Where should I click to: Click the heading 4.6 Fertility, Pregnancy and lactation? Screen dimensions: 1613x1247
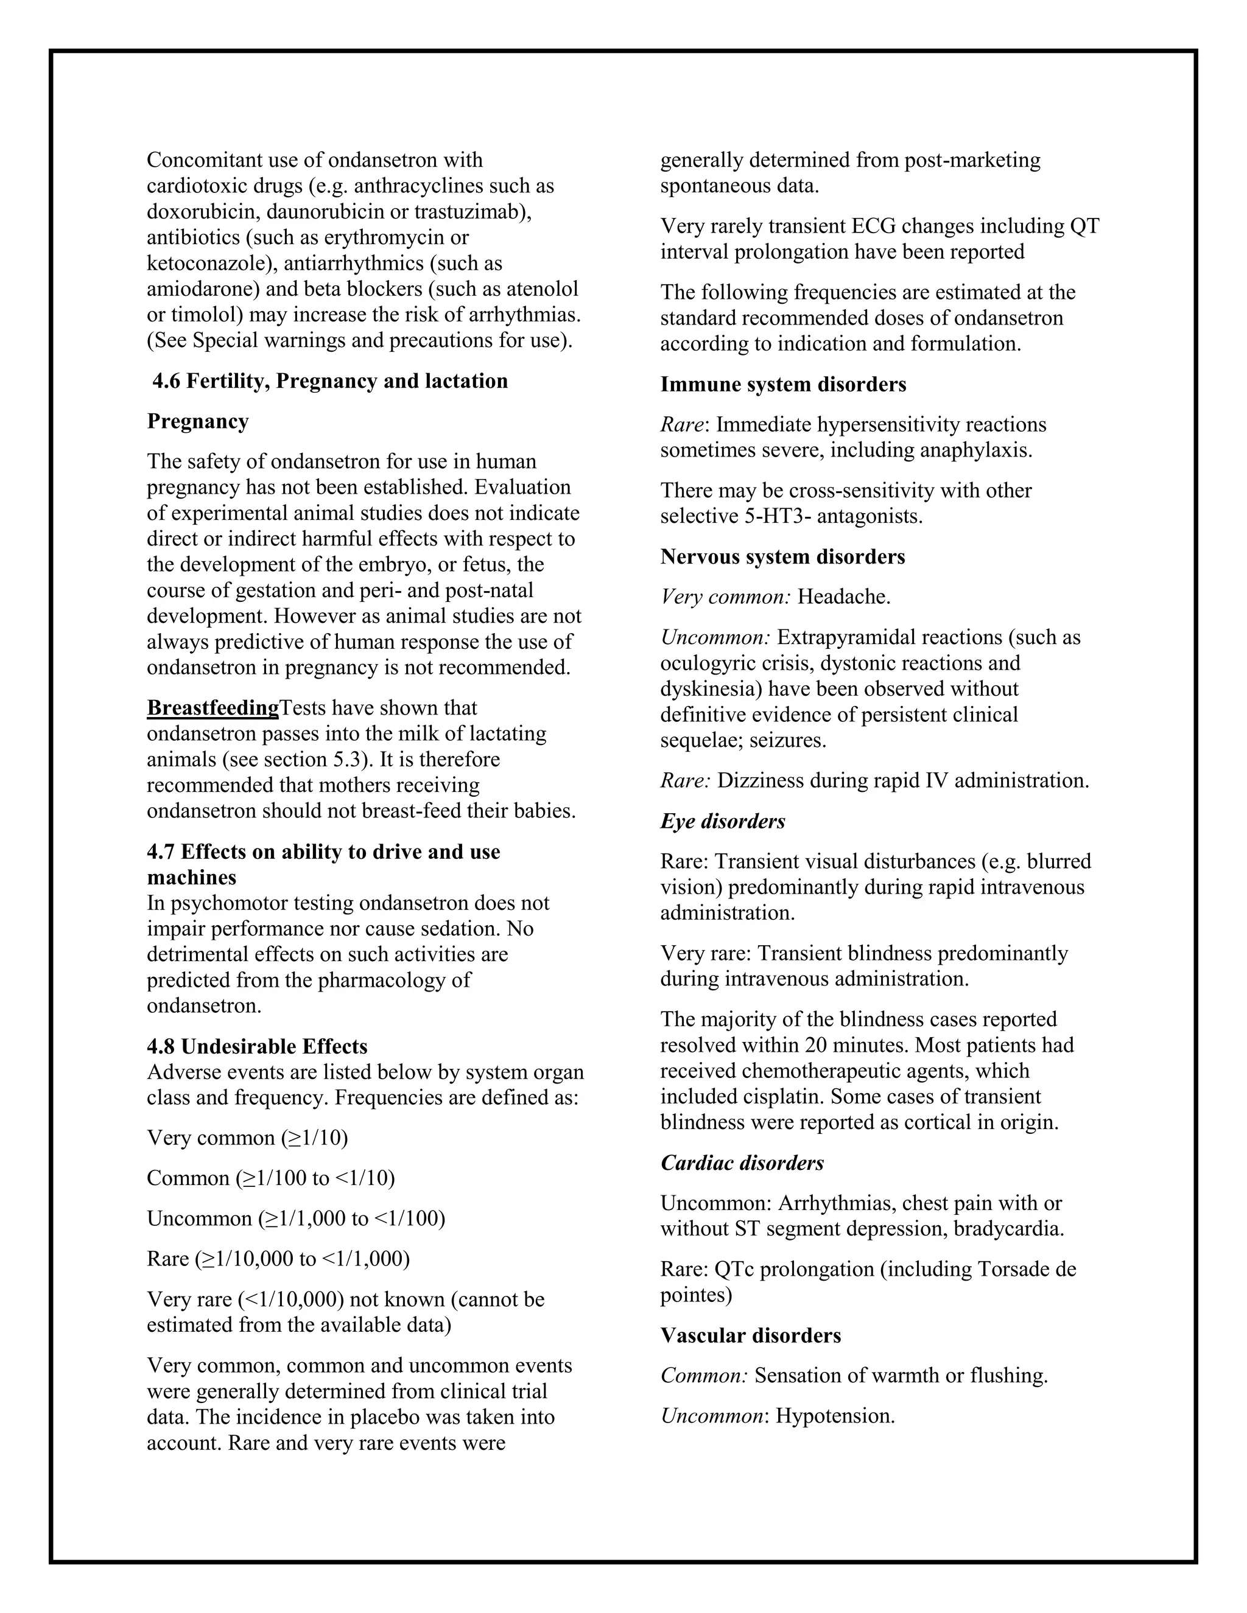pyautogui.click(x=329, y=381)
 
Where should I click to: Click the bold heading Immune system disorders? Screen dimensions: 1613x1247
pyautogui.click(x=782, y=384)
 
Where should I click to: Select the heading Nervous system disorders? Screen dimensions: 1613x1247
pyautogui.click(x=782, y=556)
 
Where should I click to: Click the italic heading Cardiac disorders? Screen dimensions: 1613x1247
pyautogui.click(x=741, y=1163)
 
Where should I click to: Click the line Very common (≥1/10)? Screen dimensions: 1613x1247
pyautogui.click(x=247, y=1138)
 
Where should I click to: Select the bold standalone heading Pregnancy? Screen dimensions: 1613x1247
pyautogui.click(x=197, y=421)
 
